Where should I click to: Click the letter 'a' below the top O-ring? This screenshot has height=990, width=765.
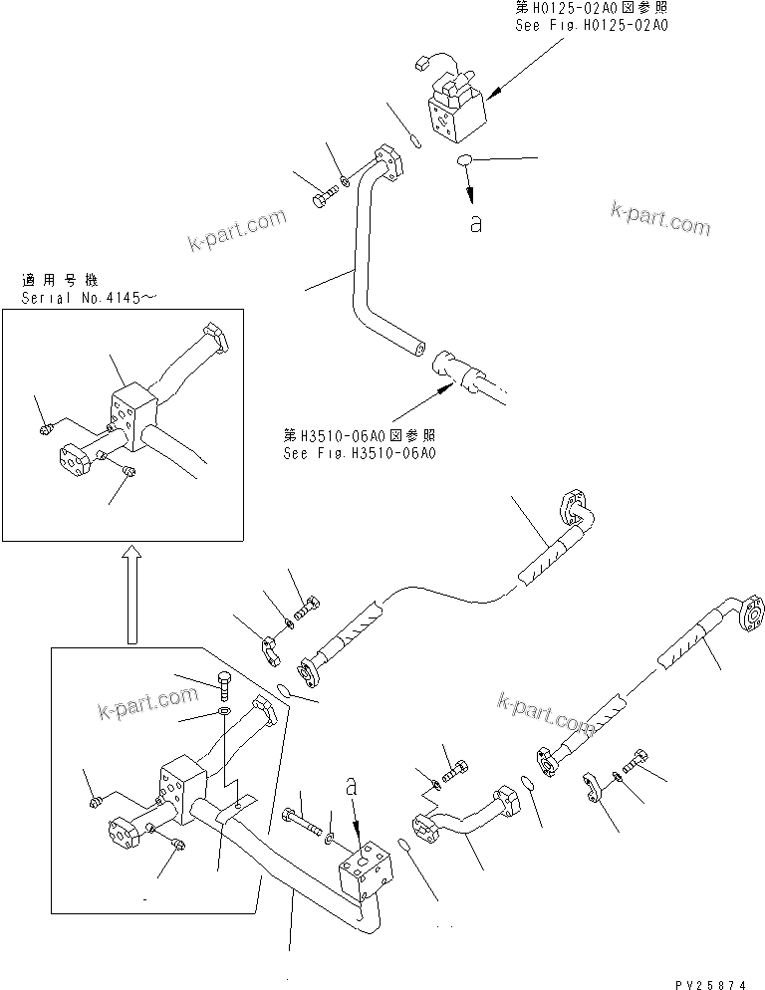point(476,225)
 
